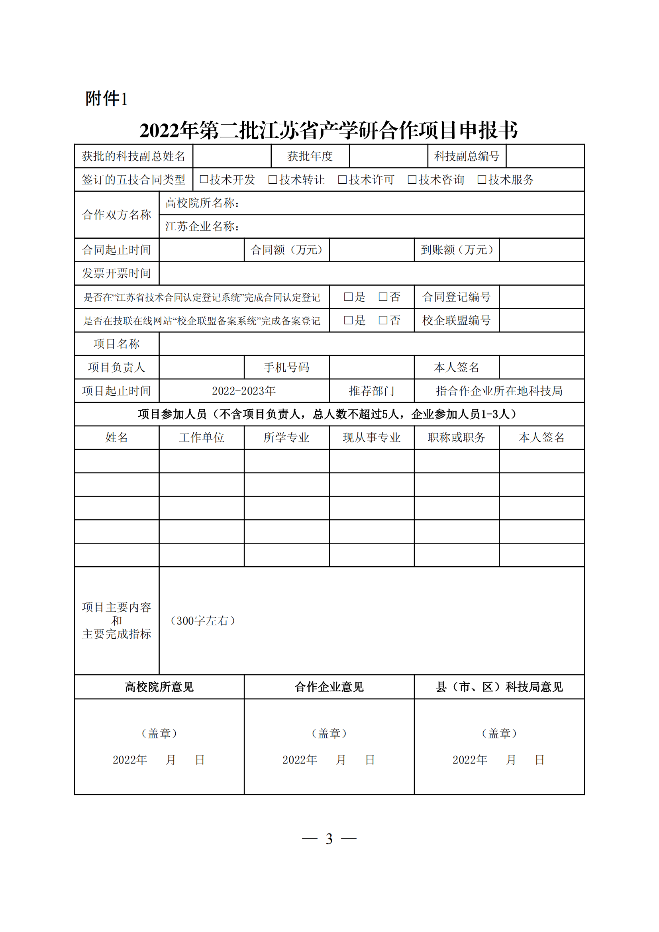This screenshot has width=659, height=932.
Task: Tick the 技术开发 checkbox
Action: pos(204,179)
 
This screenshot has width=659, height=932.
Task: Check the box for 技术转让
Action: pos(273,179)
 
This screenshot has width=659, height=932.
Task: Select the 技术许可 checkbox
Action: pos(343,179)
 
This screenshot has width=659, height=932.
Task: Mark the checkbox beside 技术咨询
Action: pos(412,179)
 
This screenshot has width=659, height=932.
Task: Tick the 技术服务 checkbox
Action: pos(482,179)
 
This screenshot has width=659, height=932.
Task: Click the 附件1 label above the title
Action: pos(106,99)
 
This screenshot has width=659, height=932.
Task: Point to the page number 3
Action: pos(329,839)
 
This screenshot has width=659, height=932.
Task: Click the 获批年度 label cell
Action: pos(310,156)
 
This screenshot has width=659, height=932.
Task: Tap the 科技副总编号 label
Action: pos(467,156)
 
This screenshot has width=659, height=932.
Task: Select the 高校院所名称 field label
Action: pos(202,203)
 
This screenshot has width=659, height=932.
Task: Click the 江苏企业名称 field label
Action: pos(202,226)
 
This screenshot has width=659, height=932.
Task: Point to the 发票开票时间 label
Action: pos(116,273)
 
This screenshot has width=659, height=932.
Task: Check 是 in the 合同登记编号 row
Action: pos(348,297)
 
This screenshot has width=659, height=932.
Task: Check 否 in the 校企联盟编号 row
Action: pos(382,320)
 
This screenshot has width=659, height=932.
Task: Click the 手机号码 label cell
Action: pos(286,367)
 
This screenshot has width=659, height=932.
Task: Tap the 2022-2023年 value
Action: pos(244,391)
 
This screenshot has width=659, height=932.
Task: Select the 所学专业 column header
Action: pos(286,438)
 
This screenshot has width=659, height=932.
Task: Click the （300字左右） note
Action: pos(202,621)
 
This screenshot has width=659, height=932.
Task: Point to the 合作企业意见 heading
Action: pos(329,687)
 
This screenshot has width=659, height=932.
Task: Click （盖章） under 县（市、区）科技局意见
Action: pos(499,733)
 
